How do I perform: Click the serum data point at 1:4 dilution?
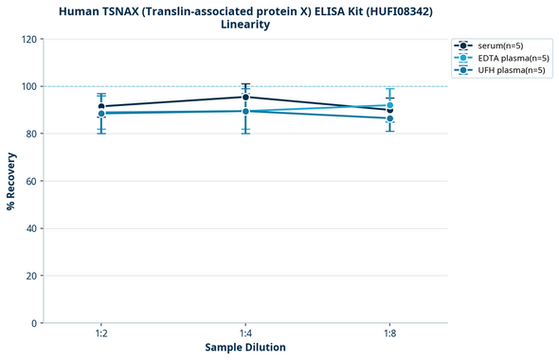tap(245, 97)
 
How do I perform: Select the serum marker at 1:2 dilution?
tap(101, 106)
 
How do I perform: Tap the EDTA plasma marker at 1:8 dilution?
tap(389, 105)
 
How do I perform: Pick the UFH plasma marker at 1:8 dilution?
tap(389, 118)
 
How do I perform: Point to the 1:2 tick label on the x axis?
tap(101, 334)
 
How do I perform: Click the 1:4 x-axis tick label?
tap(245, 334)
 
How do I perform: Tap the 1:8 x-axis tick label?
tap(389, 334)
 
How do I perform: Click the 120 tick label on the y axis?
tap(28, 39)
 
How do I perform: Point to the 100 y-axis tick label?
tap(28, 86)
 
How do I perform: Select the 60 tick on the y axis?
tap(31, 181)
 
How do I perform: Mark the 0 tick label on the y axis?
tap(34, 323)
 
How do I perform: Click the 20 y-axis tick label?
tap(31, 276)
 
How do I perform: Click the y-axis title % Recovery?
tap(11, 180)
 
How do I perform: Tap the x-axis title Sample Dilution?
tap(245, 348)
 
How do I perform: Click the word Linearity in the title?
tap(245, 25)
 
